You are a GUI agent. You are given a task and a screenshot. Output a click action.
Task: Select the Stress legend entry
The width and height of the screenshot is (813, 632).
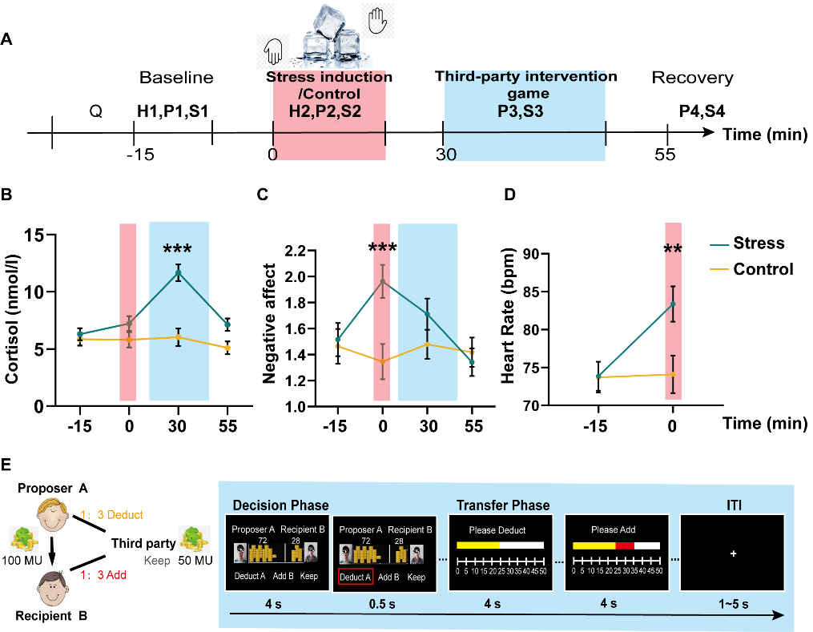[x=747, y=244]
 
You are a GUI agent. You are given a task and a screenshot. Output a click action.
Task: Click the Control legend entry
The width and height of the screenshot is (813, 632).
[x=751, y=269]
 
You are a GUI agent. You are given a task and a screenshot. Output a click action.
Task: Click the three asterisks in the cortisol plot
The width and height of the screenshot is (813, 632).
[x=177, y=249]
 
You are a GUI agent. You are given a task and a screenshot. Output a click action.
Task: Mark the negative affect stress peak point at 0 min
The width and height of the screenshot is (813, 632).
[x=383, y=281]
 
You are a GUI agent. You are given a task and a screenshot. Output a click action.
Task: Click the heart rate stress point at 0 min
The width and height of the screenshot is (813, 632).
[x=673, y=304]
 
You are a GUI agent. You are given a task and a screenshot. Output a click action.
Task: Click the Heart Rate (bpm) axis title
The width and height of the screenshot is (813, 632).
[x=508, y=316]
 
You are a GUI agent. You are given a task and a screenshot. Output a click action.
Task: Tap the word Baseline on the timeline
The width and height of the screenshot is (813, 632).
[x=176, y=78]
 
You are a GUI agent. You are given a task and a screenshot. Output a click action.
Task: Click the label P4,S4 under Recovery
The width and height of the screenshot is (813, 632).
[x=702, y=111]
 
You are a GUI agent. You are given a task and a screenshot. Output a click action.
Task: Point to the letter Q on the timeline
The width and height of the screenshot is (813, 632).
[x=96, y=111]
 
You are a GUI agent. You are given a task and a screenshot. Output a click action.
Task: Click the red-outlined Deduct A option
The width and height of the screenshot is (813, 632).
[x=355, y=577]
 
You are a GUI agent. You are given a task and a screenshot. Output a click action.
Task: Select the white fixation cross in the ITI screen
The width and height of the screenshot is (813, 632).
[x=733, y=554]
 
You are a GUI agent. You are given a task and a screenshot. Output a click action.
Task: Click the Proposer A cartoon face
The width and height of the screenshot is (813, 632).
[x=52, y=515]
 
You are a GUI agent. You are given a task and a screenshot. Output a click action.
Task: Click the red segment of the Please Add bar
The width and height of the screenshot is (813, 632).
[x=625, y=546]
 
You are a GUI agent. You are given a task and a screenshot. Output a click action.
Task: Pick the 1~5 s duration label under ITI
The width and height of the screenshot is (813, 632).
[x=733, y=604]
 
